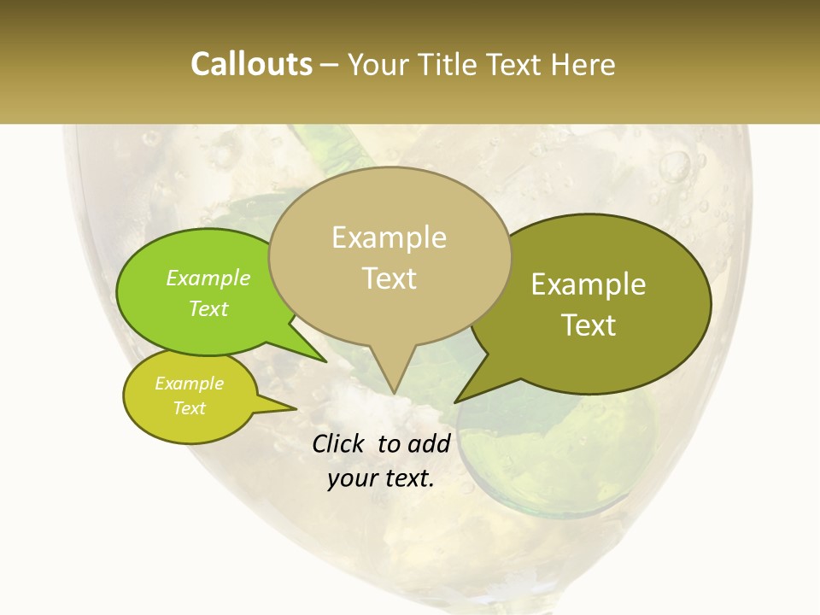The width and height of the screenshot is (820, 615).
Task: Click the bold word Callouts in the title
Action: (x=251, y=64)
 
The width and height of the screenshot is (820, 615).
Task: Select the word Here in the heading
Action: (x=582, y=64)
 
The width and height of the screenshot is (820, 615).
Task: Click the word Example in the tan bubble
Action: (x=389, y=237)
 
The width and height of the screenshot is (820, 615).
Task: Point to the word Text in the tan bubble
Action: (x=389, y=278)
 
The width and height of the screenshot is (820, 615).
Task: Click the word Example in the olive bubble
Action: (x=589, y=284)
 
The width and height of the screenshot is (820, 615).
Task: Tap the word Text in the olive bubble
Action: (x=589, y=325)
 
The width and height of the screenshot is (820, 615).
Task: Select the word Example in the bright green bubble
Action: (x=208, y=278)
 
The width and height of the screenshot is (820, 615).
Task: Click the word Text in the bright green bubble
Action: (x=208, y=308)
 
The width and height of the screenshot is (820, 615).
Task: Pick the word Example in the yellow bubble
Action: (x=189, y=384)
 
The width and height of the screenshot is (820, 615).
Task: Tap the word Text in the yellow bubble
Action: (x=189, y=408)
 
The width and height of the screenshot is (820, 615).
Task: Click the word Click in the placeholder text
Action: (x=339, y=443)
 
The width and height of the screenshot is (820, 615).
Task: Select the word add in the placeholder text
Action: (x=429, y=443)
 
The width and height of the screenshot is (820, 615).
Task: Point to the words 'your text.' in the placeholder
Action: (x=381, y=479)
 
